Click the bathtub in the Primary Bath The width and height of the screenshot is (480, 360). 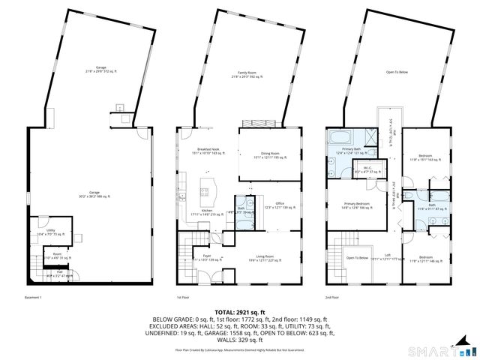tap(336, 139)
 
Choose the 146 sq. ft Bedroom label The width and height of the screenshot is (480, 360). tap(424, 259)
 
